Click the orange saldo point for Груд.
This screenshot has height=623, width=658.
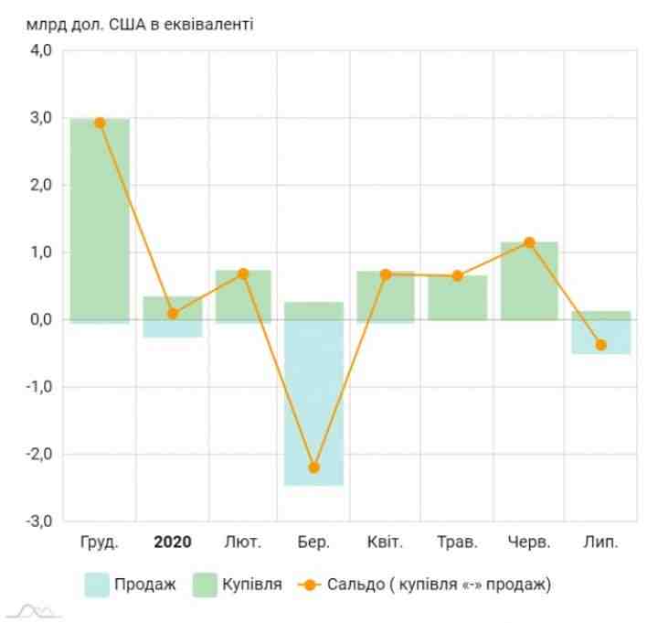[100, 123]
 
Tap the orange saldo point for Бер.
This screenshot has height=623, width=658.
[314, 467]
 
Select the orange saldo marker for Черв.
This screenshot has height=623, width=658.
[529, 242]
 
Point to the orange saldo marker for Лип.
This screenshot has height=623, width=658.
[600, 345]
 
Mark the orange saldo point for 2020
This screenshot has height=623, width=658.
[172, 314]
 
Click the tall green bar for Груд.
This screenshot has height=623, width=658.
[100, 220]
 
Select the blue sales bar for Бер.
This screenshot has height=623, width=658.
[314, 403]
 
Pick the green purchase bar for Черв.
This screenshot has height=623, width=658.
[529, 281]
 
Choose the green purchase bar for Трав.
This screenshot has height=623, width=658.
[458, 297]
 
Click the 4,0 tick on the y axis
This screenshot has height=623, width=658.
[39, 51]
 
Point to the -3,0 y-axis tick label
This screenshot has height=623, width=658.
[37, 521]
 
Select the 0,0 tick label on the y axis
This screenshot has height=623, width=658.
[39, 320]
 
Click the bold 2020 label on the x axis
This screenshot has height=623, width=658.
[172, 542]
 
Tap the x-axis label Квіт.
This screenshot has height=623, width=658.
[386, 542]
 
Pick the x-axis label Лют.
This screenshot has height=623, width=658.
[243, 542]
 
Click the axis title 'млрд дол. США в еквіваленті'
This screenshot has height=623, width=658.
[140, 23]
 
